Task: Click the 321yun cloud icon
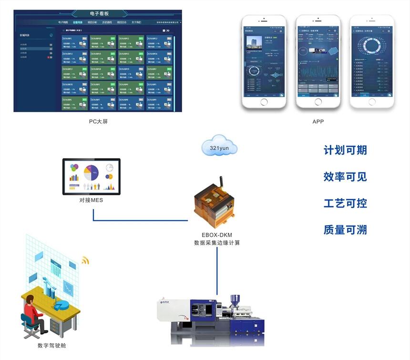219,147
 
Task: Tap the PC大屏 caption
98,121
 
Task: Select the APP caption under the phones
318,121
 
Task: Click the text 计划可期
345,150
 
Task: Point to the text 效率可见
345,177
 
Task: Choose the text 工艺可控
345,203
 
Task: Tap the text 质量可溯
345,230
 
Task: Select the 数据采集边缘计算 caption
217,243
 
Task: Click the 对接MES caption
91,200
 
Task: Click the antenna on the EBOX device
221,183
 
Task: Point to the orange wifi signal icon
85,260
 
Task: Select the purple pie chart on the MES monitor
91,170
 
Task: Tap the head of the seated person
30,300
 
